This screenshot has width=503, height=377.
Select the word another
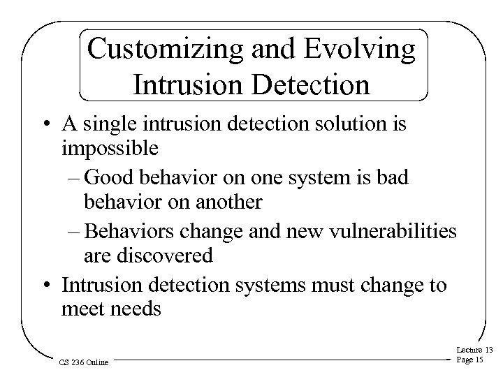224,202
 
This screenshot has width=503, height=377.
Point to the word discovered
167,256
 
